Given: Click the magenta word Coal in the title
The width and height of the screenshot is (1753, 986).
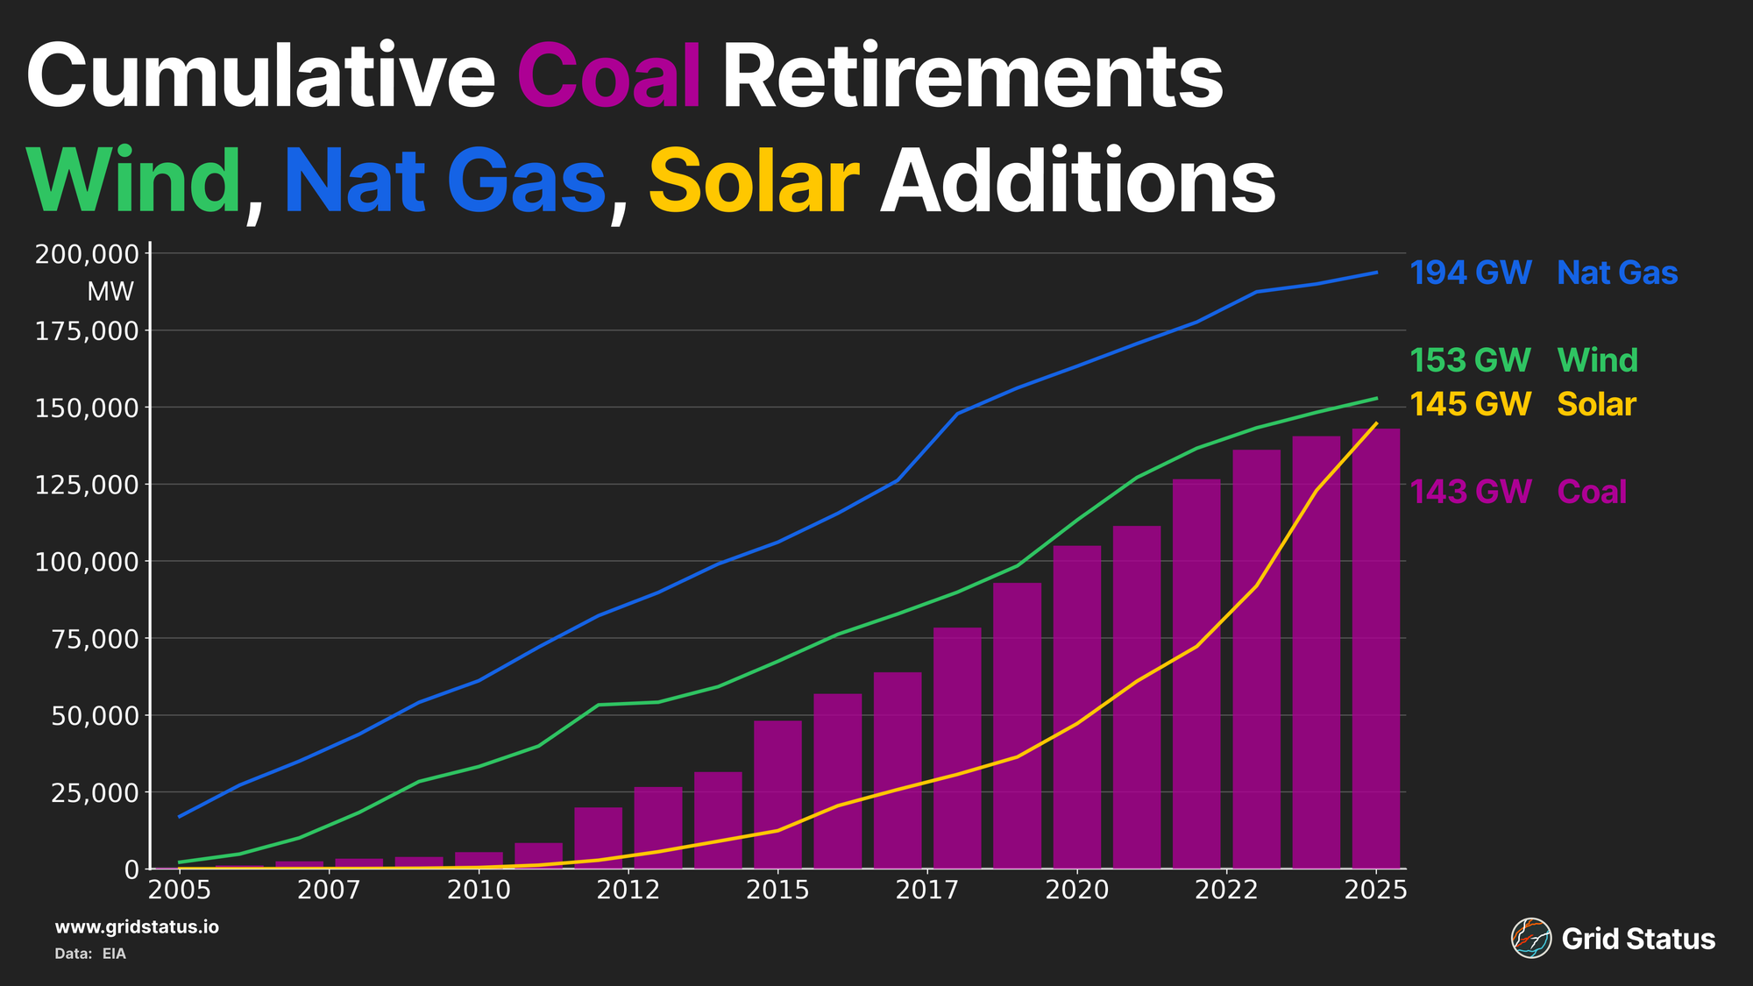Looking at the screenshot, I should [609, 76].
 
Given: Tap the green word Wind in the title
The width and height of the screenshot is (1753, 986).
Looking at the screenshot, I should [133, 181].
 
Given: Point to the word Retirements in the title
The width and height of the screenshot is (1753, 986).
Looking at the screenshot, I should [971, 76].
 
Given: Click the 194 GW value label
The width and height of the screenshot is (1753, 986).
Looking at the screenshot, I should [1470, 273].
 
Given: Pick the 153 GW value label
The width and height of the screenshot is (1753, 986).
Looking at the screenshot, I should [1470, 360].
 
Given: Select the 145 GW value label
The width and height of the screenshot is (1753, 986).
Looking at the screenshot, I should [1470, 404].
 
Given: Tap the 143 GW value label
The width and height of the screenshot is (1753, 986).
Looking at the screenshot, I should [1470, 492].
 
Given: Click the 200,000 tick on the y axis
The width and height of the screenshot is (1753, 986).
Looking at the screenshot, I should [87, 254].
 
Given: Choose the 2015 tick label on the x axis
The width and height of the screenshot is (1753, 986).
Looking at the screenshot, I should [777, 890].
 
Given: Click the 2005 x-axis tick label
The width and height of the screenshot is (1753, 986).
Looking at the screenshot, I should [180, 890].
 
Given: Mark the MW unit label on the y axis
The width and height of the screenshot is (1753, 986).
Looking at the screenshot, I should [110, 292].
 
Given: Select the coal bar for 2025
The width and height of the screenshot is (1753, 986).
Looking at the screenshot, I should [1375, 649].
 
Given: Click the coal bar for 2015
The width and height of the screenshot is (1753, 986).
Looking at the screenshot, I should [777, 794].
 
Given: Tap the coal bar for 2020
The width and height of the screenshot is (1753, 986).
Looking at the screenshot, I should [1076, 706].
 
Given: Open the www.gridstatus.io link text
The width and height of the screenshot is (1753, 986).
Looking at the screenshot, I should [137, 927].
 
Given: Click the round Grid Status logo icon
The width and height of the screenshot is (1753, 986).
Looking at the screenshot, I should [1530, 939].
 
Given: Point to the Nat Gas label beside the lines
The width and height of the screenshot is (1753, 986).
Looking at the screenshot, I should [1617, 273].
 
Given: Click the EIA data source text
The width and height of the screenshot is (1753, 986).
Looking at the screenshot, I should [114, 954].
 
